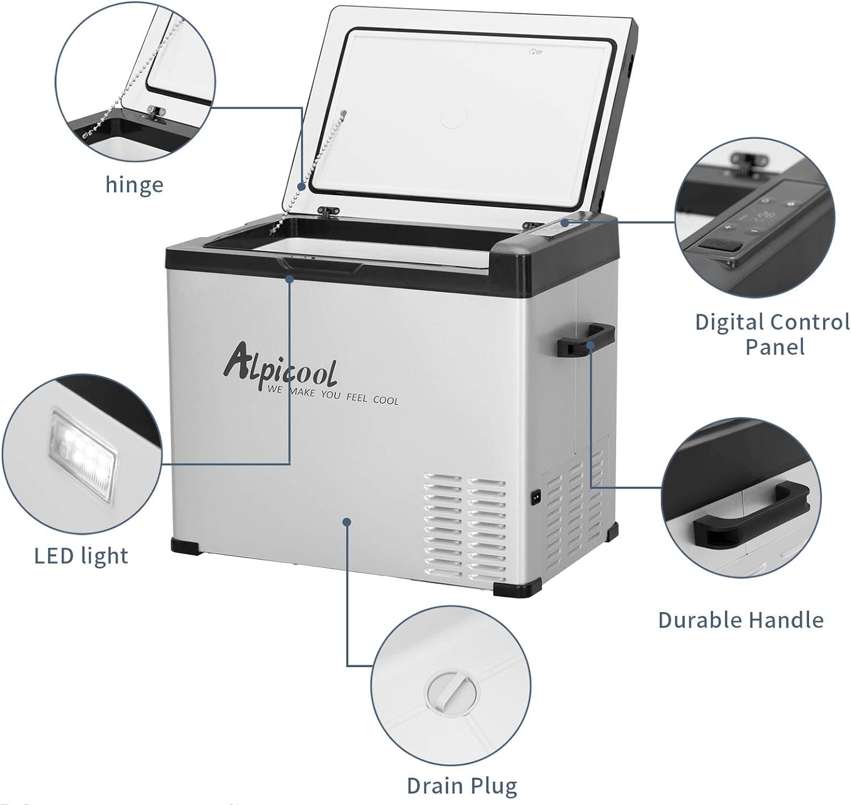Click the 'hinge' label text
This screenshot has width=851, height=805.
click(134, 186)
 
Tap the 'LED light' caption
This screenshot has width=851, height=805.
click(81, 556)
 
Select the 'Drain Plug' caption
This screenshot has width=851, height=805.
click(462, 786)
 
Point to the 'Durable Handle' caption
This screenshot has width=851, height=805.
click(740, 619)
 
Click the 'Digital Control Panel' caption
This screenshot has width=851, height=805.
click(773, 335)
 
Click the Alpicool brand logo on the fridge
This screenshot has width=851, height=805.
click(280, 366)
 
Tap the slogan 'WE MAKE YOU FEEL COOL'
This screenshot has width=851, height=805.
click(332, 395)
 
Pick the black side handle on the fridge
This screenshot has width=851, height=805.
click(585, 340)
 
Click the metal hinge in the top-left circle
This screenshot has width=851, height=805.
click(155, 113)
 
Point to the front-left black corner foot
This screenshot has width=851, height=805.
click(186, 547)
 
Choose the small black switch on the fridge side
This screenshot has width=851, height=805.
click(536, 497)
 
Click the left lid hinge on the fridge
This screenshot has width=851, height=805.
click(328, 212)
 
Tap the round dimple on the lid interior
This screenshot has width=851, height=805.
click(453, 116)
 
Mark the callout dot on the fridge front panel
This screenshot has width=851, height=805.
click(346, 522)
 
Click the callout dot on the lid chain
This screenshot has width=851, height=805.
click(302, 187)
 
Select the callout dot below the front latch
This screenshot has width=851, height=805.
click(290, 279)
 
